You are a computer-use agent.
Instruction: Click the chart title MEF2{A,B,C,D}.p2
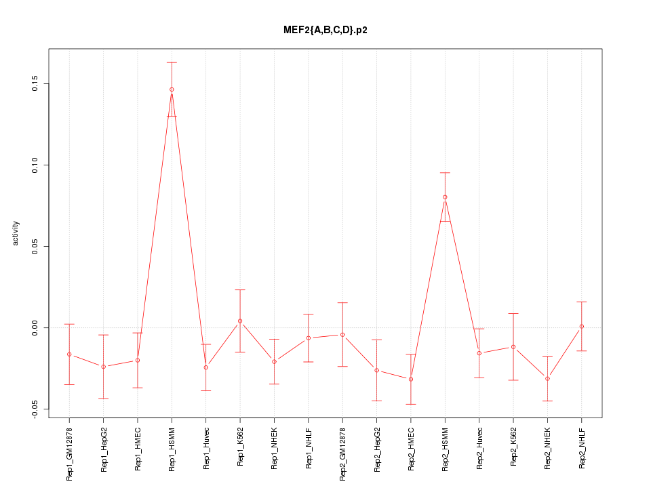325,30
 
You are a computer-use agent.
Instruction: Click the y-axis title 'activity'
16,232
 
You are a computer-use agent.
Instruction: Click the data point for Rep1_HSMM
172,89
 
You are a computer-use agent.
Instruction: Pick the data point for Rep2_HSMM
445,197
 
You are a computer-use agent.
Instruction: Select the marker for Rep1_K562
240,321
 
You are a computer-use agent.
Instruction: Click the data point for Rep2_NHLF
581,327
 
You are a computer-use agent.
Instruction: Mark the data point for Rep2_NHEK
547,378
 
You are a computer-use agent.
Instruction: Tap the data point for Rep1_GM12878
69,354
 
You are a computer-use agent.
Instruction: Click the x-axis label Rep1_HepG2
104,449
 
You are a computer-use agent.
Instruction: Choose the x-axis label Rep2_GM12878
342,453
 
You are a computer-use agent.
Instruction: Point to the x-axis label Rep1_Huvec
206,448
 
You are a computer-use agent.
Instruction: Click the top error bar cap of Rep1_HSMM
172,62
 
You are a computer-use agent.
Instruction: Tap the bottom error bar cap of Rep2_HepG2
376,401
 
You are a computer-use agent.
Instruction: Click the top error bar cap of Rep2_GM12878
342,303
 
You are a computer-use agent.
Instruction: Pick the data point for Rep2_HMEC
411,379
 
